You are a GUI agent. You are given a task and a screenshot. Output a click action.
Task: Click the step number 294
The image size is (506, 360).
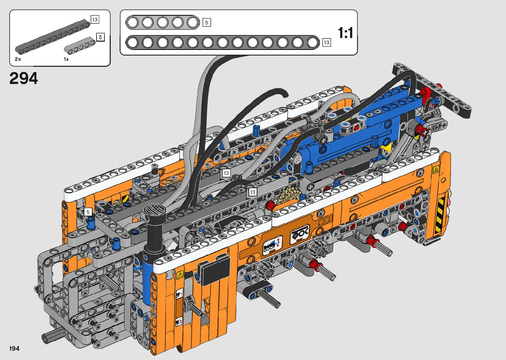[23, 78]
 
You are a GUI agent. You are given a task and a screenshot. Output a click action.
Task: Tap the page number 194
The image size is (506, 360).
[14, 348]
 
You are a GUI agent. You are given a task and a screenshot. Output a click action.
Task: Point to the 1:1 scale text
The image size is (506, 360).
[345, 33]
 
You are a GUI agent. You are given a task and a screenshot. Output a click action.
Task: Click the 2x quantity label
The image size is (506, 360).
[18, 59]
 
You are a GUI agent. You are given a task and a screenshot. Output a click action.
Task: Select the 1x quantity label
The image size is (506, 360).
[66, 59]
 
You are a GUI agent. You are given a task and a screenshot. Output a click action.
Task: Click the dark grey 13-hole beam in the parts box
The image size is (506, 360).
[53, 37]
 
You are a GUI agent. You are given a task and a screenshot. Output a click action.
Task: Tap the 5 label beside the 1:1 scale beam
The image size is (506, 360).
[207, 22]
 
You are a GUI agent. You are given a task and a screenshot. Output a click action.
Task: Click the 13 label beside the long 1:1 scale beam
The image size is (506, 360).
[327, 43]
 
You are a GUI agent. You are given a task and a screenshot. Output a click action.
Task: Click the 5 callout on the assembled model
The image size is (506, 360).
[88, 212]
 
